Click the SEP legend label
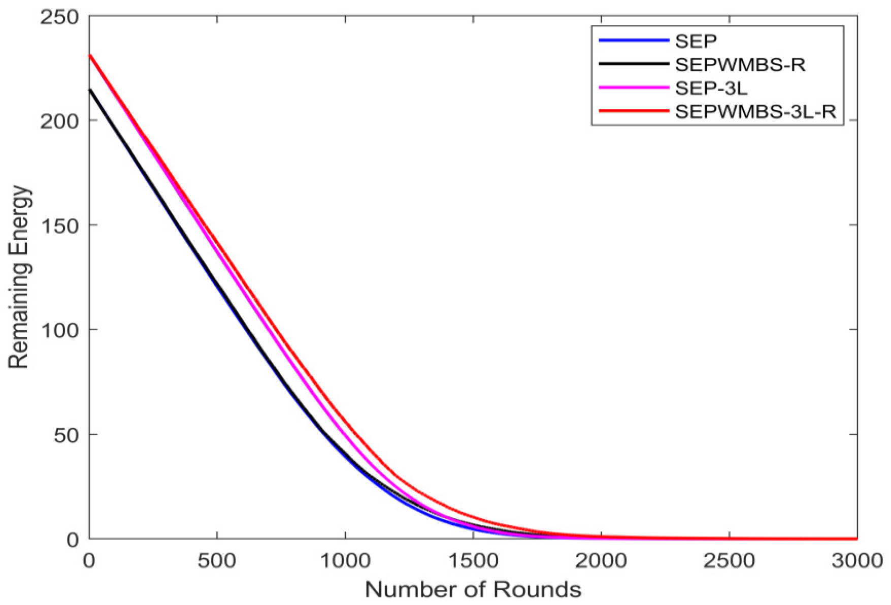pyautogui.click(x=696, y=41)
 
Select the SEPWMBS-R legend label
pyautogui.click(x=740, y=65)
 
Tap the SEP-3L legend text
pyautogui.click(x=711, y=88)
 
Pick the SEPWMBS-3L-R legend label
pyautogui.click(x=755, y=111)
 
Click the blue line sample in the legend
pyautogui.click(x=634, y=41)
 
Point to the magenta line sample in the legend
pyautogui.click(x=634, y=87)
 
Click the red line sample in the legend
pyautogui.click(x=634, y=111)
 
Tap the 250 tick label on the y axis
pyautogui.click(x=60, y=17)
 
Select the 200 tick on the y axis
pyautogui.click(x=60, y=121)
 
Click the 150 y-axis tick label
pyautogui.click(x=60, y=226)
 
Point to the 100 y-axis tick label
pyautogui.click(x=60, y=330)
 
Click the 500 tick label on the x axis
pyautogui.click(x=217, y=562)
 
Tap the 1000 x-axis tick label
pyautogui.click(x=345, y=562)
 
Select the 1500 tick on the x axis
pyautogui.click(x=473, y=562)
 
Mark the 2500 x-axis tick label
pyautogui.click(x=729, y=562)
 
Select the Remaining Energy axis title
pyautogui.click(x=19, y=277)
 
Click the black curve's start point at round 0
pyautogui.click(x=90, y=89)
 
